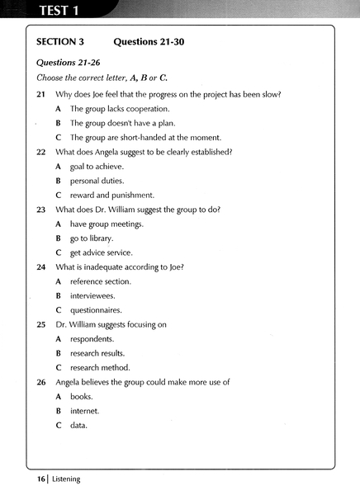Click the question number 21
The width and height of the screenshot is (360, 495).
[x=41, y=94]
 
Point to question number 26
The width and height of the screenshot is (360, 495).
[x=41, y=382]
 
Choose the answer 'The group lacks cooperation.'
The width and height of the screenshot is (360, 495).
[x=120, y=109]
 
